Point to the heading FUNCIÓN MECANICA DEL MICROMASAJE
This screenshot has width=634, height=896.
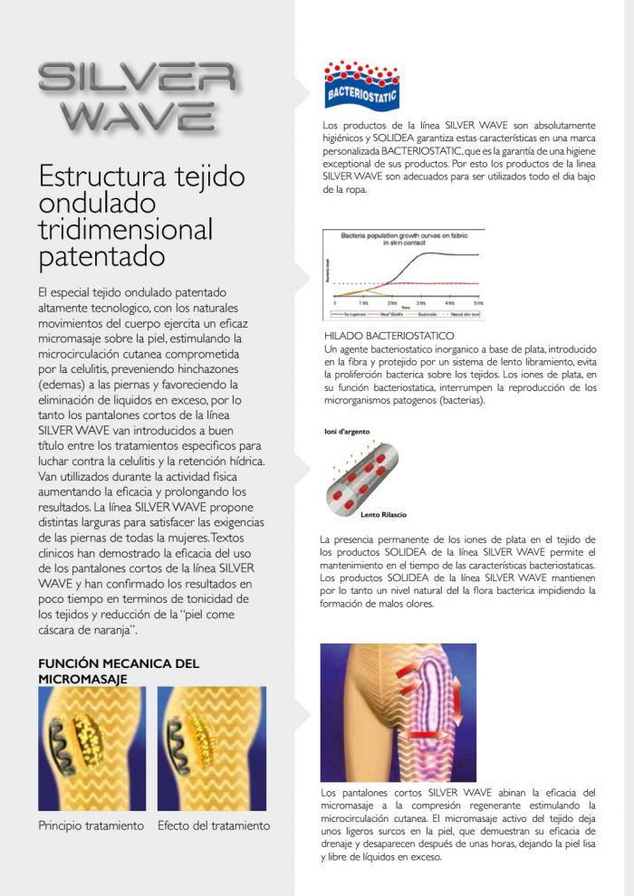point(118,670)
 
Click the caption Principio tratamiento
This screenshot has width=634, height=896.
point(91,825)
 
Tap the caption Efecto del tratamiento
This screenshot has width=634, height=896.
point(214,825)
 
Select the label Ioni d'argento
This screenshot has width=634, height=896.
point(347,432)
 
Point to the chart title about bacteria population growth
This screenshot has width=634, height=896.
point(403,239)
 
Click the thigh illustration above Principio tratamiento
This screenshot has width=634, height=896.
point(91,748)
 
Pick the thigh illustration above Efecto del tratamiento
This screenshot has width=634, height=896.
point(212,748)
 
